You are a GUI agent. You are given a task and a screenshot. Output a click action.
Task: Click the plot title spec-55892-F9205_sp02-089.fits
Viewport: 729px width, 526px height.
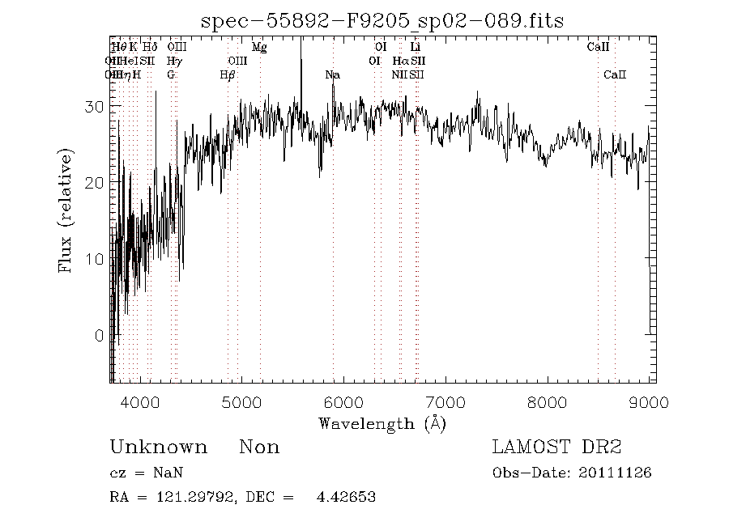coord(383,19)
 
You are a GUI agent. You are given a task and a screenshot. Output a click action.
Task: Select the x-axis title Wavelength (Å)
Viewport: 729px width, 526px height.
coord(382,422)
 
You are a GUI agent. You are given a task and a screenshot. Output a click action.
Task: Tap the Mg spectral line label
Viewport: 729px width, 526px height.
coord(259,48)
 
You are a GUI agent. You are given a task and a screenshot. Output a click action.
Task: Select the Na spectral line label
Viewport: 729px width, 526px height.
coord(332,75)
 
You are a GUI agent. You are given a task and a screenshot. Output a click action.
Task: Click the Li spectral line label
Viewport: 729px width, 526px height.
coord(416,48)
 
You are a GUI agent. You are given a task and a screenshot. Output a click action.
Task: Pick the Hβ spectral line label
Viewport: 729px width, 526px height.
coord(228,75)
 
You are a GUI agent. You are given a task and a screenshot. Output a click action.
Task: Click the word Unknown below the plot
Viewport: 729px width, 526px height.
coord(158,448)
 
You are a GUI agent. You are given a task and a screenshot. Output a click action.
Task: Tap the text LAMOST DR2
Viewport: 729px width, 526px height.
coord(556,448)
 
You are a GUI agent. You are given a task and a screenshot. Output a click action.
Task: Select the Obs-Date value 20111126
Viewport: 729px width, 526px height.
coord(616,473)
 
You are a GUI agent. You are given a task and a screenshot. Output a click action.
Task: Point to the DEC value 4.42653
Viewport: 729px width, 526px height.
coord(346,497)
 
